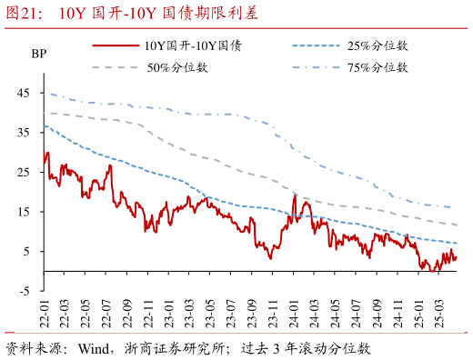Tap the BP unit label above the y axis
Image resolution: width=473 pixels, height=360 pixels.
coord(38,54)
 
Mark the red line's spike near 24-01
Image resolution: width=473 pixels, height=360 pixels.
coord(295,195)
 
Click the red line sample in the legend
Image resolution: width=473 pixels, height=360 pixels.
coord(116,45)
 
